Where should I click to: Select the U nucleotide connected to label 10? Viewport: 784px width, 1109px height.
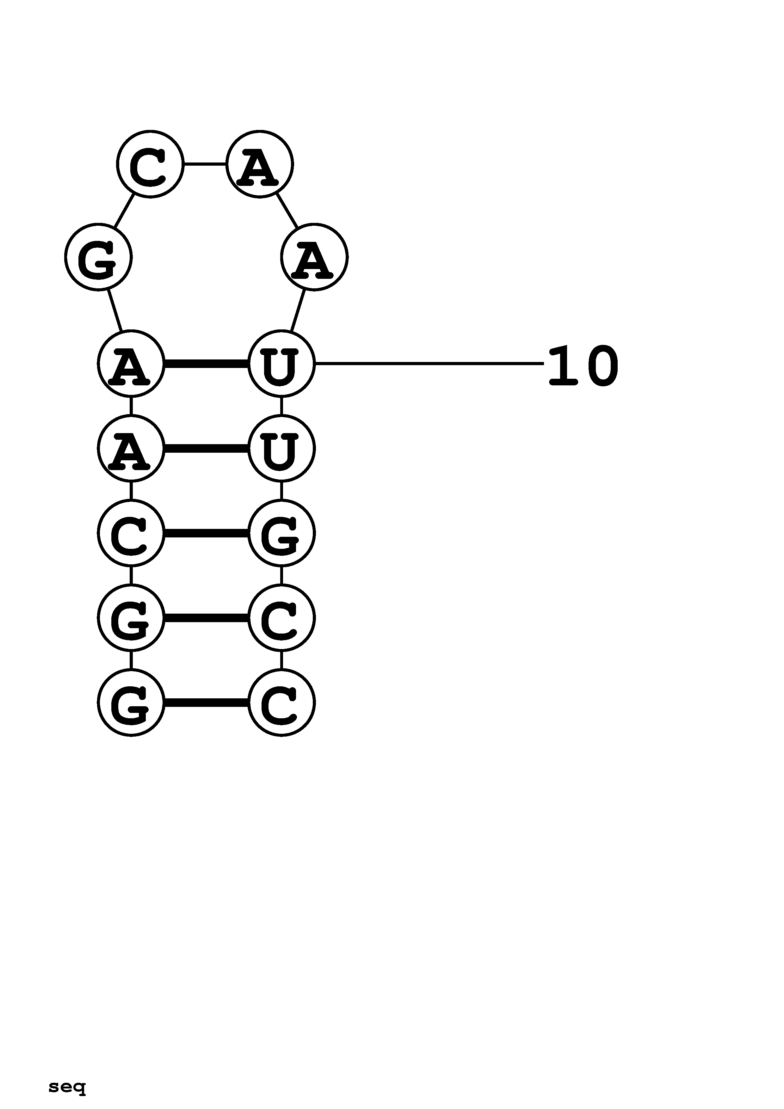(281, 364)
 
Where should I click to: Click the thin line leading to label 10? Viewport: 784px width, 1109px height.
(429, 363)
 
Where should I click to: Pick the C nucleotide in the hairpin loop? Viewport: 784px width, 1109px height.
(150, 164)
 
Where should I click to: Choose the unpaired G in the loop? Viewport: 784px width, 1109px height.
(99, 257)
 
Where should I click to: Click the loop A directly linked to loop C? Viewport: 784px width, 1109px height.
(259, 164)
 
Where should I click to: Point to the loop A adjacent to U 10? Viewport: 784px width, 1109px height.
(314, 257)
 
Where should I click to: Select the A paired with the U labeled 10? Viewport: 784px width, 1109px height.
(131, 364)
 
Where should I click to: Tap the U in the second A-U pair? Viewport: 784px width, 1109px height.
(281, 448)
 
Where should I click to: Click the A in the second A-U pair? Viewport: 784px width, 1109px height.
(131, 448)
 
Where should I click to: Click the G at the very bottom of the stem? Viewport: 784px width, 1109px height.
(131, 702)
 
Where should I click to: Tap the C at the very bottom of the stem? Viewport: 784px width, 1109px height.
(281, 702)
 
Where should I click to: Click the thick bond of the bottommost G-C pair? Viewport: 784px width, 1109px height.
(206, 702)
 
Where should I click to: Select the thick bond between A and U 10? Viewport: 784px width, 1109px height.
(206, 364)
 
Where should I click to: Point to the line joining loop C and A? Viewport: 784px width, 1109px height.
(205, 164)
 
